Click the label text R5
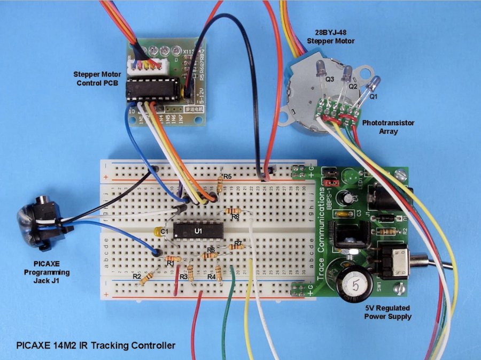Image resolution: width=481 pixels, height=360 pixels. pyautogui.click(x=228, y=176)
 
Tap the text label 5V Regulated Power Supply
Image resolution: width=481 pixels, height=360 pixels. pyautogui.click(x=388, y=312)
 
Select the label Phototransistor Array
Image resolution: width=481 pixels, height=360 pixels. pyautogui.click(x=388, y=127)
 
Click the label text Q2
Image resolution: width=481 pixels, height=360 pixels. pyautogui.click(x=353, y=86)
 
